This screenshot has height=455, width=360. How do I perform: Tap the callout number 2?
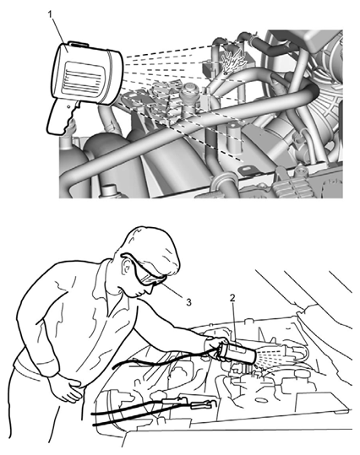coord(232,297)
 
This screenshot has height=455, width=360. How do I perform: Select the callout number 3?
coord(188,302)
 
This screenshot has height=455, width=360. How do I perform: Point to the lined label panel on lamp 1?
coord(82,79)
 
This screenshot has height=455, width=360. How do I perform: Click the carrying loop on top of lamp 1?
coord(78,43)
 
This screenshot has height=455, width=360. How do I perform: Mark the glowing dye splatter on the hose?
coord(232,59)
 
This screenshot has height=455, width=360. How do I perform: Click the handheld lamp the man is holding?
coord(237,353)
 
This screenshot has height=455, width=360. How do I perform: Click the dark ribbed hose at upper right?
coord(272,46)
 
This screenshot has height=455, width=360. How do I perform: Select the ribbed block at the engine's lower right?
coord(292,186)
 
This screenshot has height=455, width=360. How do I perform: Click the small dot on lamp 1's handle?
coord(68,106)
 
